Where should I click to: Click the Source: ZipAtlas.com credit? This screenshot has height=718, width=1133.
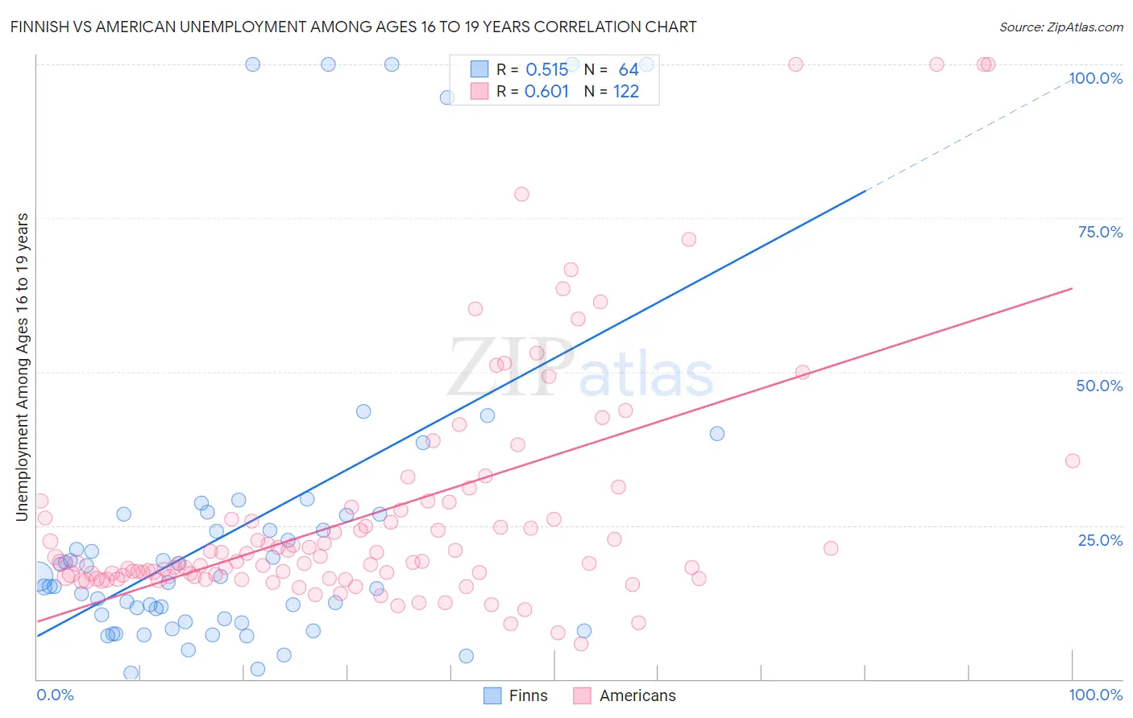coord(1060,27)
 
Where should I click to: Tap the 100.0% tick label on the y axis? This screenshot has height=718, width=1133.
coord(1095,78)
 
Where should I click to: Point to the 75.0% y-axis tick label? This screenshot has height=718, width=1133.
coord(1100,232)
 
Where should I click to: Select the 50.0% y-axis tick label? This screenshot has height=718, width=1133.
coord(1099,386)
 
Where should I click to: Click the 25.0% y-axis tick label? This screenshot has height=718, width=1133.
coord(1100,539)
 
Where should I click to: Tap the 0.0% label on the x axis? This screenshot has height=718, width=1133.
coord(55,695)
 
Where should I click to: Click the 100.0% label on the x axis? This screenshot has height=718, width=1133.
coord(1095,695)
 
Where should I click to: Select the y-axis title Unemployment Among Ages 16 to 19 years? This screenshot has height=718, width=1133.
coord(23,367)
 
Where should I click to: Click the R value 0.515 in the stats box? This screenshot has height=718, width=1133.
coord(547,70)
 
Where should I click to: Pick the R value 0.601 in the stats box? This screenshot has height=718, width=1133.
coord(546,92)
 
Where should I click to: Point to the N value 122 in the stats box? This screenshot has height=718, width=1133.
coord(626,92)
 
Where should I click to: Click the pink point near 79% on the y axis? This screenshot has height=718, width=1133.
coord(521,194)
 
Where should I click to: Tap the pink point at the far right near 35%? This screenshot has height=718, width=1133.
coord(1072,460)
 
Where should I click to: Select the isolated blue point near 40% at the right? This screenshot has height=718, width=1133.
coord(716,433)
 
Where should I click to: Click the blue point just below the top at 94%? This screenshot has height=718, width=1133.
coord(447,97)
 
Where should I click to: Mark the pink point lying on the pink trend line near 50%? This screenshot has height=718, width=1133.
coord(802,372)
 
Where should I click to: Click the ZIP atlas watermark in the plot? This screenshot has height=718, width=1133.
coord(580,369)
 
